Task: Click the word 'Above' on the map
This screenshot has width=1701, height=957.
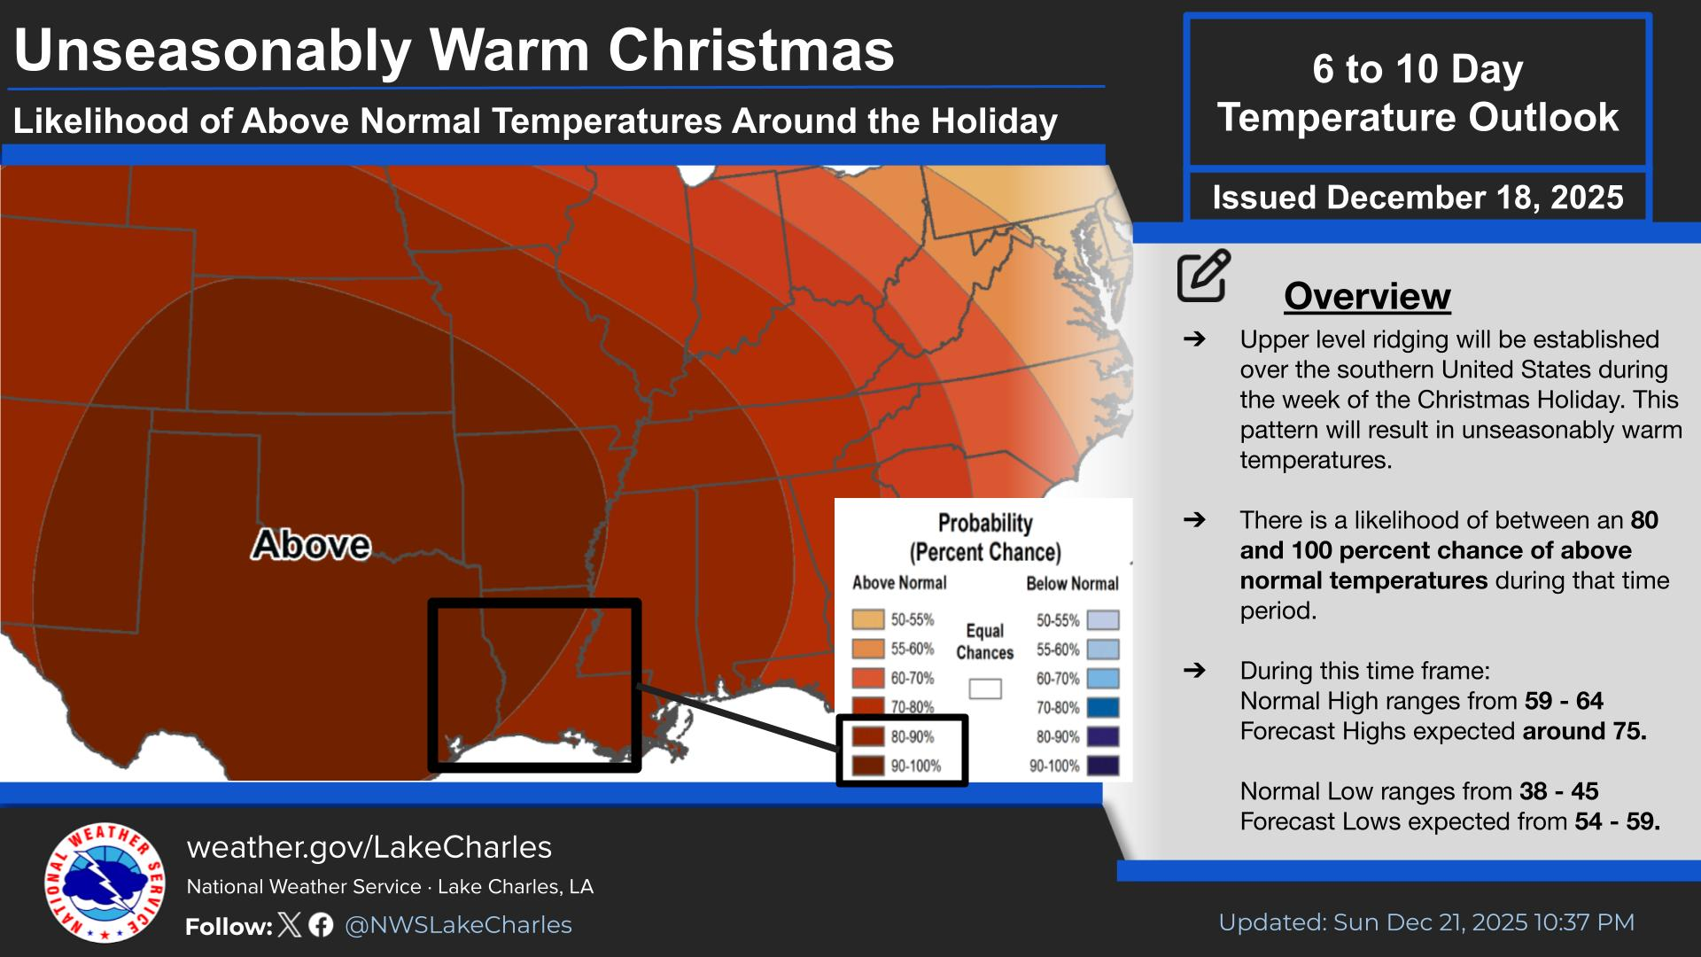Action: pyautogui.click(x=311, y=544)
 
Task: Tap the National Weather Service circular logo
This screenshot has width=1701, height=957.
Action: pyautogui.click(x=105, y=883)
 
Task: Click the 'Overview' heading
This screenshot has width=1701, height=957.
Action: pyautogui.click(x=1367, y=296)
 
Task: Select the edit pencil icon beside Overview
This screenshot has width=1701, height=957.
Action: pyautogui.click(x=1204, y=276)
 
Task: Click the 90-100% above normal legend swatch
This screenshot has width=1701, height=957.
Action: pyautogui.click(x=868, y=766)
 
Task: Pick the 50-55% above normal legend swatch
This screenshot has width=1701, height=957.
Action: pyautogui.click(x=868, y=619)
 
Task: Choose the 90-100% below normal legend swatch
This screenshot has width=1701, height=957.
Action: pyautogui.click(x=1103, y=766)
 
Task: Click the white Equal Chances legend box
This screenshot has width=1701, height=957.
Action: pyautogui.click(x=984, y=689)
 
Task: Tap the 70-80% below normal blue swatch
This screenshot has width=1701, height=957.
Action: pyautogui.click(x=1103, y=707)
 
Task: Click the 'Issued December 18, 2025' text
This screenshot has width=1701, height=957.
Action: pyautogui.click(x=1417, y=197)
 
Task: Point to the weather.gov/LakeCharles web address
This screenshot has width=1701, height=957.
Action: pyautogui.click(x=369, y=847)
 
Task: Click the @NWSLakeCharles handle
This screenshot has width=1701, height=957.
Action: pyautogui.click(x=458, y=925)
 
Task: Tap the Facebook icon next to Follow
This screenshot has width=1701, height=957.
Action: pyautogui.click(x=322, y=925)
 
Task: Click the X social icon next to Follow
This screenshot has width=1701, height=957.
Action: pyautogui.click(x=290, y=925)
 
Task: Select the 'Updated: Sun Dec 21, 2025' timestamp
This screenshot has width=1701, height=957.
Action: pyautogui.click(x=1425, y=922)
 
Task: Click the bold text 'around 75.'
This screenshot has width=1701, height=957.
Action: pyautogui.click(x=1584, y=731)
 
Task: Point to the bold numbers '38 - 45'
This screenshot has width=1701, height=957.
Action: pyautogui.click(x=1559, y=791)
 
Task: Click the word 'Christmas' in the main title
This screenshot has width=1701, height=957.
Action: pyautogui.click(x=751, y=51)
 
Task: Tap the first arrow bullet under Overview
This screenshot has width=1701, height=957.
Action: pyautogui.click(x=1194, y=339)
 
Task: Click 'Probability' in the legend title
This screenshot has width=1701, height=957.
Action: pyautogui.click(x=985, y=523)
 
